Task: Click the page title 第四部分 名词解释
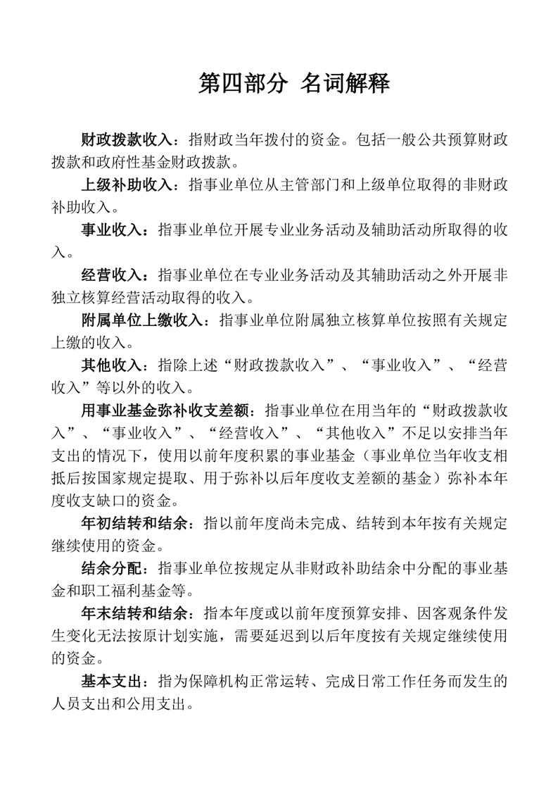(x=294, y=84)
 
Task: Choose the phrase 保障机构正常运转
(x=248, y=682)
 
